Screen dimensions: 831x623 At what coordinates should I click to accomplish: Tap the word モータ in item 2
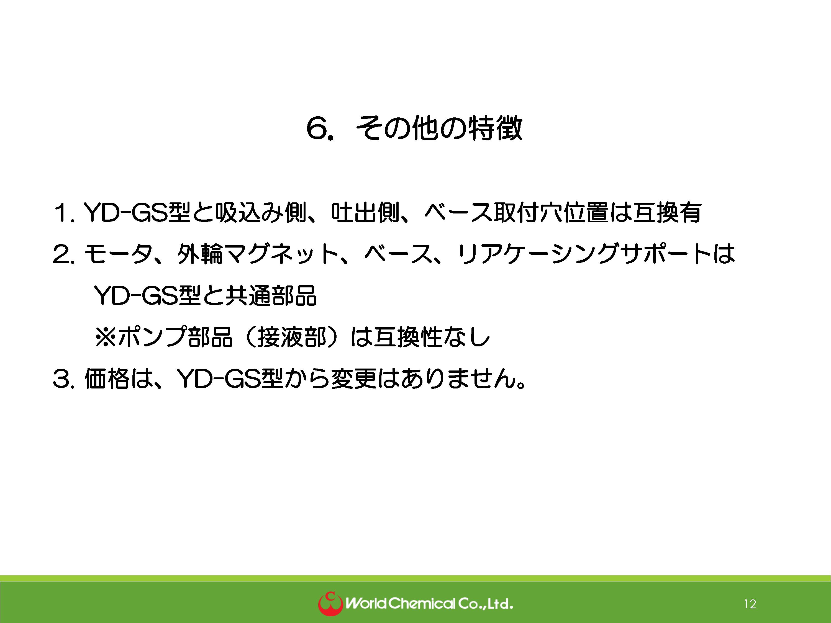(118, 254)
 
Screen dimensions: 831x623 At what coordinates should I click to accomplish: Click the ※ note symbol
(106, 337)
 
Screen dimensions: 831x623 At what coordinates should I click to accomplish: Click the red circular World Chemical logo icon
(330, 604)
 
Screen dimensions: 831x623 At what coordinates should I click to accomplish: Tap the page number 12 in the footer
(750, 604)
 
